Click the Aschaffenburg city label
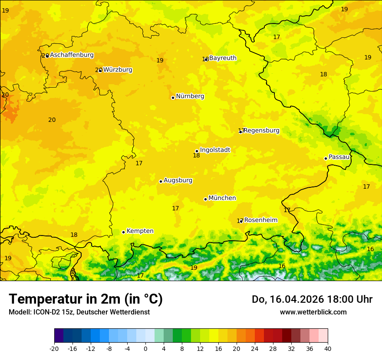click(72, 55)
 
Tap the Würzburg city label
click(118, 70)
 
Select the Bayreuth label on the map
click(223, 58)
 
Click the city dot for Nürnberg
click(173, 98)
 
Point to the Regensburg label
click(261, 131)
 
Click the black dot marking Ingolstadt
click(197, 151)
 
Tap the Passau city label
click(339, 157)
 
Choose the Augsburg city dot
click(161, 181)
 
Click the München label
click(222, 198)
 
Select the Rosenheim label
click(260, 220)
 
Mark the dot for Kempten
click(123, 232)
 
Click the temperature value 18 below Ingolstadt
click(196, 156)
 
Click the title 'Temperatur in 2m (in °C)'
click(86, 299)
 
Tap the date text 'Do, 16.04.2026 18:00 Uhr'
click(312, 299)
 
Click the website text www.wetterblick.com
click(313, 312)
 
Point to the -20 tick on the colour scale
click(54, 349)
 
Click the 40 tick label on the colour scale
click(327, 349)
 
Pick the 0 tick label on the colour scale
click(145, 349)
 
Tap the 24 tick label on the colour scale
click(255, 349)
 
